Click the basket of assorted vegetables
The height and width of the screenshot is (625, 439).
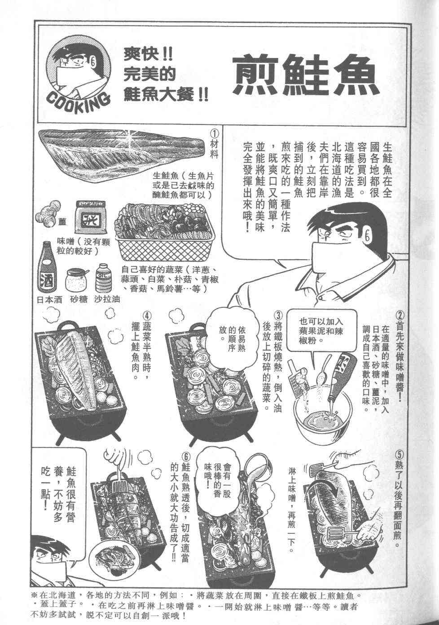pyautogui.click(x=166, y=230)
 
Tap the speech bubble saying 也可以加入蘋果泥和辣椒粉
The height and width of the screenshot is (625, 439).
pyautogui.click(x=322, y=331)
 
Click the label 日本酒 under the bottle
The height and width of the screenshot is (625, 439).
pyautogui.click(x=49, y=300)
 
